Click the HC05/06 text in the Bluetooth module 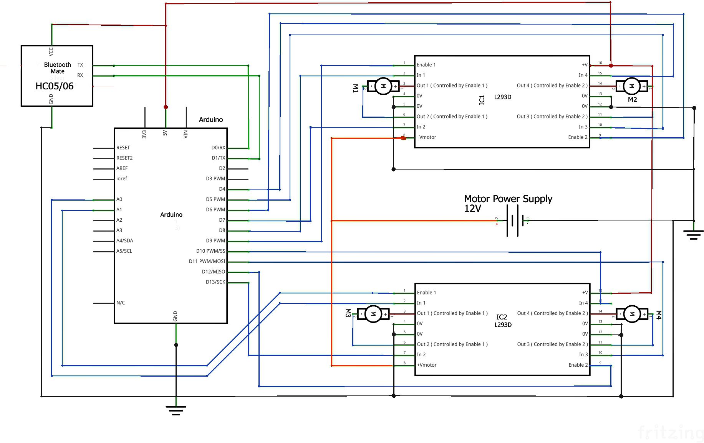pos(54,86)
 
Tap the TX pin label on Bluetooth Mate pos(80,65)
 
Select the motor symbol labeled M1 pos(383,86)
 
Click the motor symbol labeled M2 pos(631,86)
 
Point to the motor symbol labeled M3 pos(373,314)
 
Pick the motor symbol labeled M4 pos(631,314)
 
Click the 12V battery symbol pos(515,221)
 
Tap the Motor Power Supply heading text pos(508,199)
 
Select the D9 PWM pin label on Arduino pos(215,241)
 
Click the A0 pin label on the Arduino pos(119,199)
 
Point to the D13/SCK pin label pos(215,282)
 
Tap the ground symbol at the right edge pos(693,234)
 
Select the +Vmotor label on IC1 pos(426,137)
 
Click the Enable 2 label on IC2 pos(578,365)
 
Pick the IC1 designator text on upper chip pos(482,100)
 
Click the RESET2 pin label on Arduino pos(124,158)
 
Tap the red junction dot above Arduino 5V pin pos(166,107)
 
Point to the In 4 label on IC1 pos(583,75)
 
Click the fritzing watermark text pos(670,433)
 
